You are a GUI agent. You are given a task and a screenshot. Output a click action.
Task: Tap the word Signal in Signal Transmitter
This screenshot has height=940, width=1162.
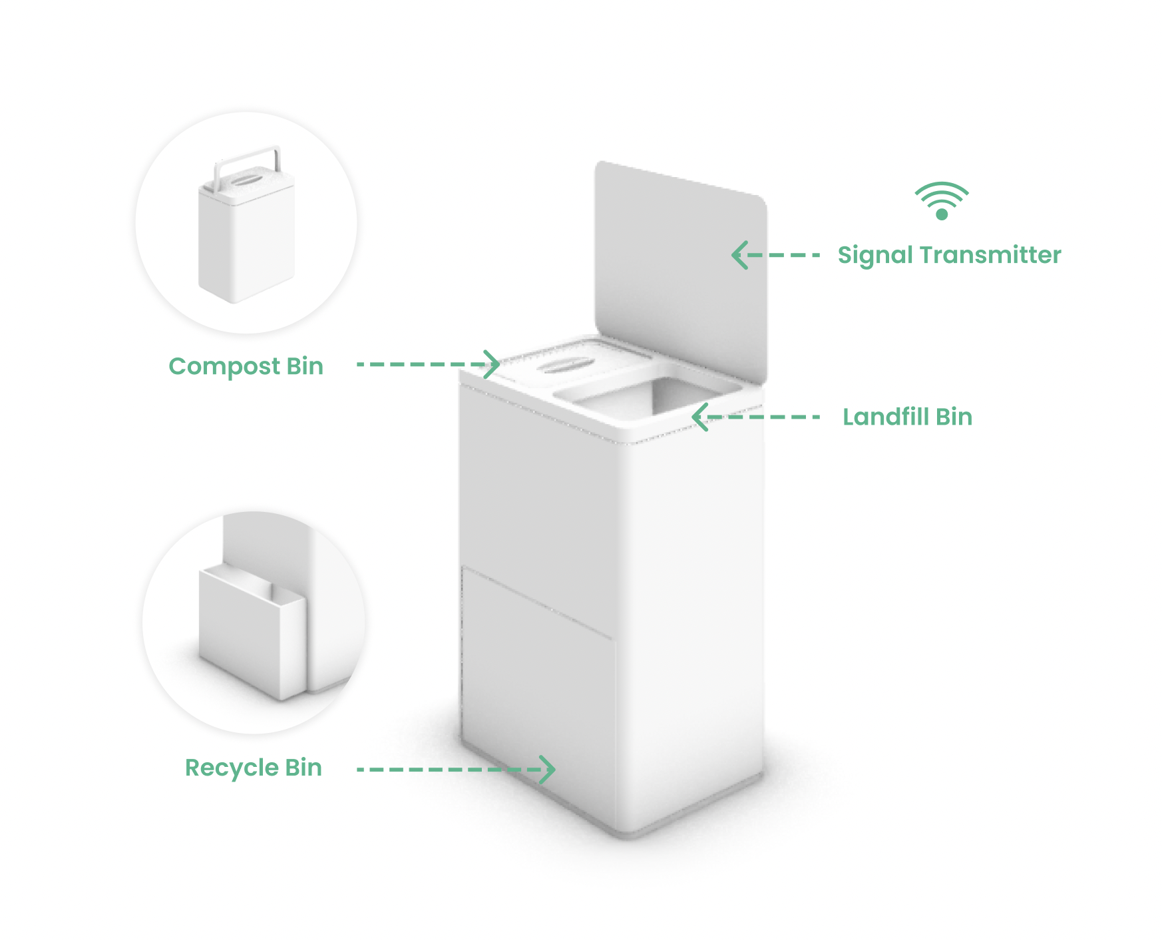tap(874, 256)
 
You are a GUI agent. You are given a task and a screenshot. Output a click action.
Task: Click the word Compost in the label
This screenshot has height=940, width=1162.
tap(224, 367)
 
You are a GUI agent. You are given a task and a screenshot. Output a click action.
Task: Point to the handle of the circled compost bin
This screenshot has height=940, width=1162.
tap(246, 160)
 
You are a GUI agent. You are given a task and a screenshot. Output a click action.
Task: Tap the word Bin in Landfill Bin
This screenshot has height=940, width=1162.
tap(954, 417)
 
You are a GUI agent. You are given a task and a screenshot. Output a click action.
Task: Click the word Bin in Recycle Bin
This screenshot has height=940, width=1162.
tap(303, 768)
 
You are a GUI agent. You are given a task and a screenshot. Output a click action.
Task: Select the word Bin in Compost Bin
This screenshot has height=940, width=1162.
tap(305, 366)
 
